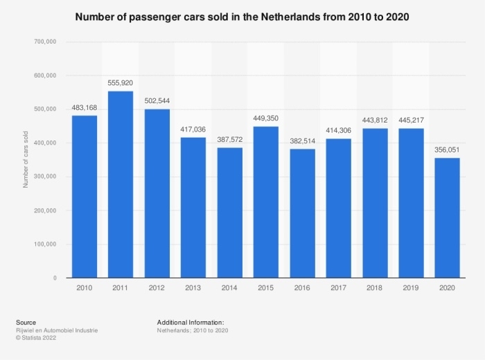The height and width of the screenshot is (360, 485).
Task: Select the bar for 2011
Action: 120,185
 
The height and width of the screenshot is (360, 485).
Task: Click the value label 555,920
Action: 120,83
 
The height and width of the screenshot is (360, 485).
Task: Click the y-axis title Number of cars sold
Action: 26,160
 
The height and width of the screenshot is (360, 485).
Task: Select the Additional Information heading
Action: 191,323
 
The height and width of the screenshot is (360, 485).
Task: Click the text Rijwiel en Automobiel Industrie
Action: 56,330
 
